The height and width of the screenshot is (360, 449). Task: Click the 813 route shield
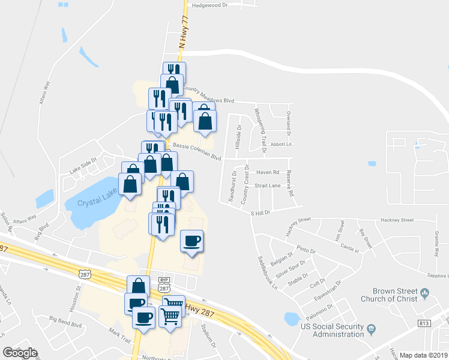coord(424,323)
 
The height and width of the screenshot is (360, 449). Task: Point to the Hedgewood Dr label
coord(209,5)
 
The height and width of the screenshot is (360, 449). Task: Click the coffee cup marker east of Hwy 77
coord(192,241)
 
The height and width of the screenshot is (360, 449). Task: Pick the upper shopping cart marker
coord(173,305)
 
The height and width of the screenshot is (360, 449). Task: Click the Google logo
coord(19,353)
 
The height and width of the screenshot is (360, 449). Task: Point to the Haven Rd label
coord(268,172)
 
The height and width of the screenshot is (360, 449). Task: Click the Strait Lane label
coord(268,186)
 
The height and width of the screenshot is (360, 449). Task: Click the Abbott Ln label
coord(280,144)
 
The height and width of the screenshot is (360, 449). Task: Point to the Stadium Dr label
coord(209,336)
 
